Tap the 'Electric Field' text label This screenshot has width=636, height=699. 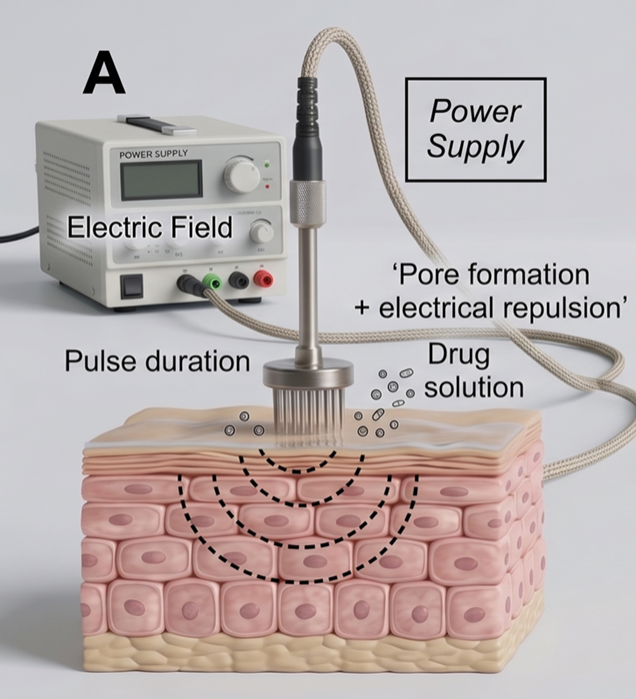tap(150, 228)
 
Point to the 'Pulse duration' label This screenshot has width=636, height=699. tap(157, 359)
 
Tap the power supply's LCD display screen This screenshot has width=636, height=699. tap(160, 181)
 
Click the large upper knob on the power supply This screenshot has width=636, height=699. tap(242, 175)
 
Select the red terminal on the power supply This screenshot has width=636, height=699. tap(264, 281)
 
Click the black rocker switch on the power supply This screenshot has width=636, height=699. tap(131, 287)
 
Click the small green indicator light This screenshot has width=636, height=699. tap(267, 162)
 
